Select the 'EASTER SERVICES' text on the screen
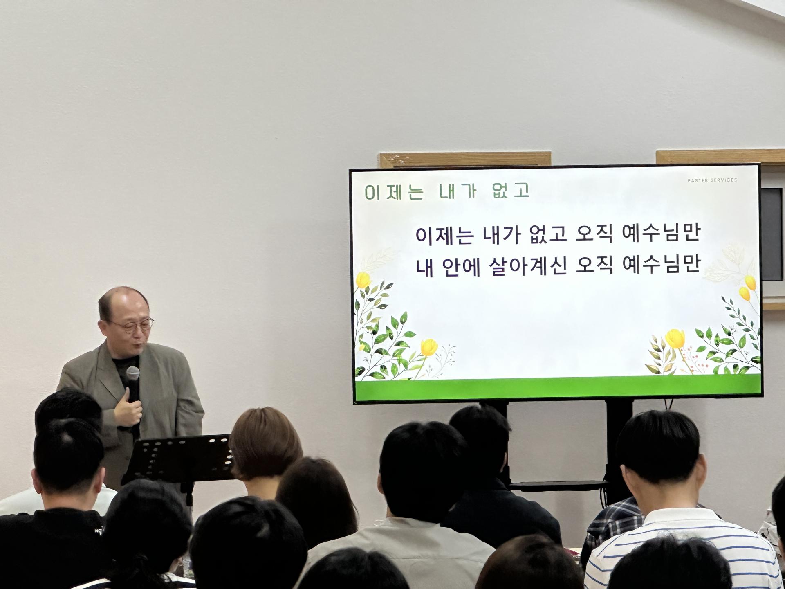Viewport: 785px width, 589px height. (x=712, y=180)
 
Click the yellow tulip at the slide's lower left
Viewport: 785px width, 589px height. (x=429, y=347)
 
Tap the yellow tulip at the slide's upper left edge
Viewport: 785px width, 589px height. (x=363, y=280)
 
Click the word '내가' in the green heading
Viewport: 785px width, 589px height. (x=458, y=192)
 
